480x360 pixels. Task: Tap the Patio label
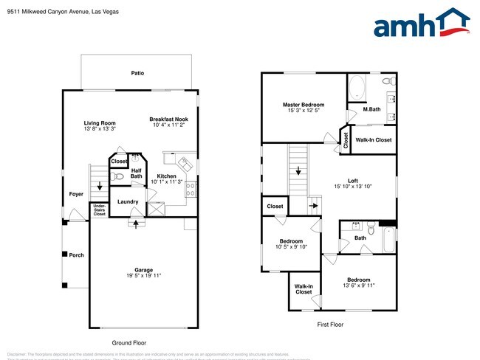(x=137, y=74)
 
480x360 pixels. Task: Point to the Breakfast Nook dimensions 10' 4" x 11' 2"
(x=168, y=125)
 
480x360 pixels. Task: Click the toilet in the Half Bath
(x=114, y=177)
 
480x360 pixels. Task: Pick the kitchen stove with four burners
(x=190, y=188)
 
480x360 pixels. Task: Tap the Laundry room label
(x=128, y=201)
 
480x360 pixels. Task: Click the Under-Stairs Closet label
(x=99, y=210)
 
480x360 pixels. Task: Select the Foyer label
(x=76, y=194)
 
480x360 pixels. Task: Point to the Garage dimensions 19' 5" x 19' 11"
(x=143, y=276)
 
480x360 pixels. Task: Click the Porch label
(x=77, y=255)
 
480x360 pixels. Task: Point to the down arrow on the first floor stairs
(x=298, y=171)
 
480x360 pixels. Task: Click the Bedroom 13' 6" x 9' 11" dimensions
(x=359, y=285)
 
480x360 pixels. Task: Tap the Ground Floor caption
(x=128, y=343)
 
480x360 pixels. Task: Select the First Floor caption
(x=330, y=324)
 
